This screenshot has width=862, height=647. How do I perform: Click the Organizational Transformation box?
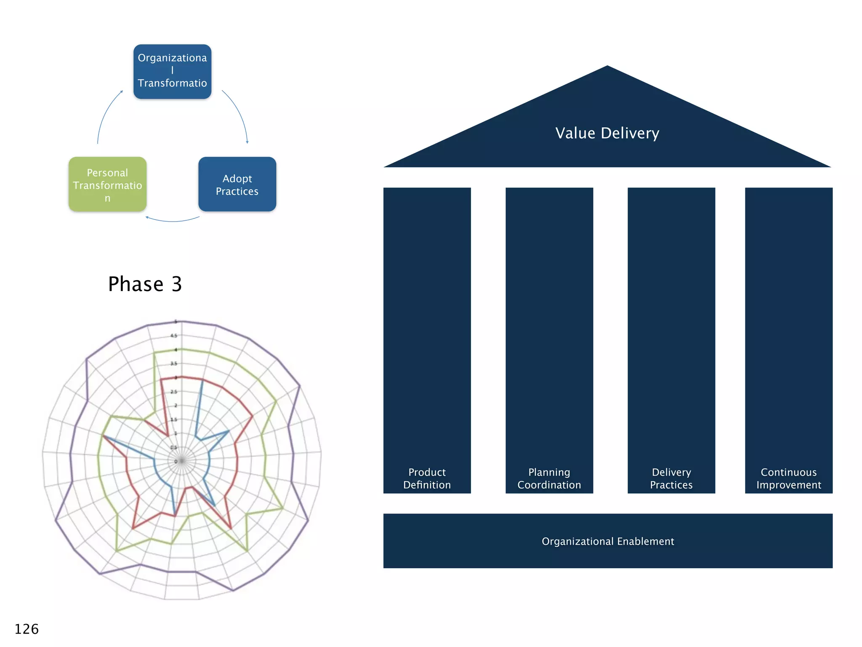tap(172, 72)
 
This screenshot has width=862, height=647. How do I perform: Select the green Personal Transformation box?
tap(107, 184)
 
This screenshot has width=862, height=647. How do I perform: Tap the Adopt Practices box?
tap(237, 184)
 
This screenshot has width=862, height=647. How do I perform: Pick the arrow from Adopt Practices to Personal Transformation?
tap(173, 221)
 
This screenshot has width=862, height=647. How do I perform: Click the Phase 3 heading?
tap(145, 284)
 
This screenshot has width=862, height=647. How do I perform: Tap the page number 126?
tap(27, 629)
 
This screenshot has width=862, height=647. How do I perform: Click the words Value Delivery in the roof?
tap(607, 133)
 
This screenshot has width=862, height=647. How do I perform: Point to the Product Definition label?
tap(427, 479)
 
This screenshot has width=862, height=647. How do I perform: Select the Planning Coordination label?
tap(549, 479)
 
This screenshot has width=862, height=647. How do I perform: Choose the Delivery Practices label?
tap(671, 479)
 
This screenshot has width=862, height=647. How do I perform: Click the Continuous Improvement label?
tap(788, 479)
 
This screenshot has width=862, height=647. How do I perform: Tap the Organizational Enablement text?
tap(607, 541)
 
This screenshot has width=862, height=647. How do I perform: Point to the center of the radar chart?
tap(181, 461)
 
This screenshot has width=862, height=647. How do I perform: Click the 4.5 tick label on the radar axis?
tap(174, 336)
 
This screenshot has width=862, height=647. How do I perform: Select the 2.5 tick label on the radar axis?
tap(174, 392)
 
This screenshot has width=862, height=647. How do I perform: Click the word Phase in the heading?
tap(136, 284)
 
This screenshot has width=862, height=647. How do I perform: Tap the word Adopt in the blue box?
tap(237, 179)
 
